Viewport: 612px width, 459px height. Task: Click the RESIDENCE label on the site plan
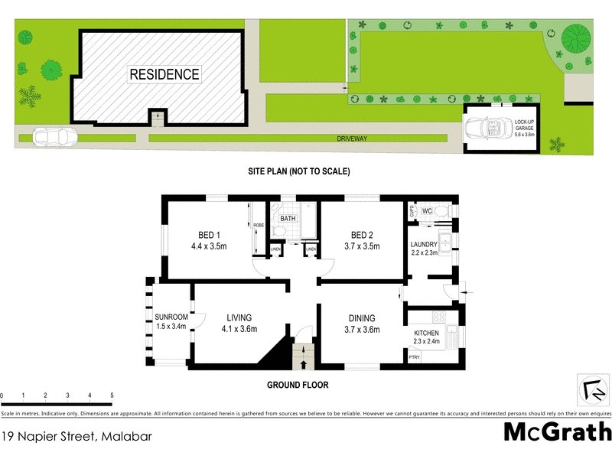(x=164, y=74)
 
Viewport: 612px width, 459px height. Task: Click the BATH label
(x=288, y=220)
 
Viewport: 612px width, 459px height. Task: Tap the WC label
(x=428, y=210)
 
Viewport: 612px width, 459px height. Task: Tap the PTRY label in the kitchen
(x=414, y=357)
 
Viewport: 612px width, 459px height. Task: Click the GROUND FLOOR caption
(x=297, y=384)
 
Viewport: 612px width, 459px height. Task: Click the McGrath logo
(x=557, y=432)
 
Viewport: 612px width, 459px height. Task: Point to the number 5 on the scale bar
(x=112, y=396)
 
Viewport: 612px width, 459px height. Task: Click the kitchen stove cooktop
(x=439, y=317)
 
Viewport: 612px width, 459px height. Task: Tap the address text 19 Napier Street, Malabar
(x=76, y=438)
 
